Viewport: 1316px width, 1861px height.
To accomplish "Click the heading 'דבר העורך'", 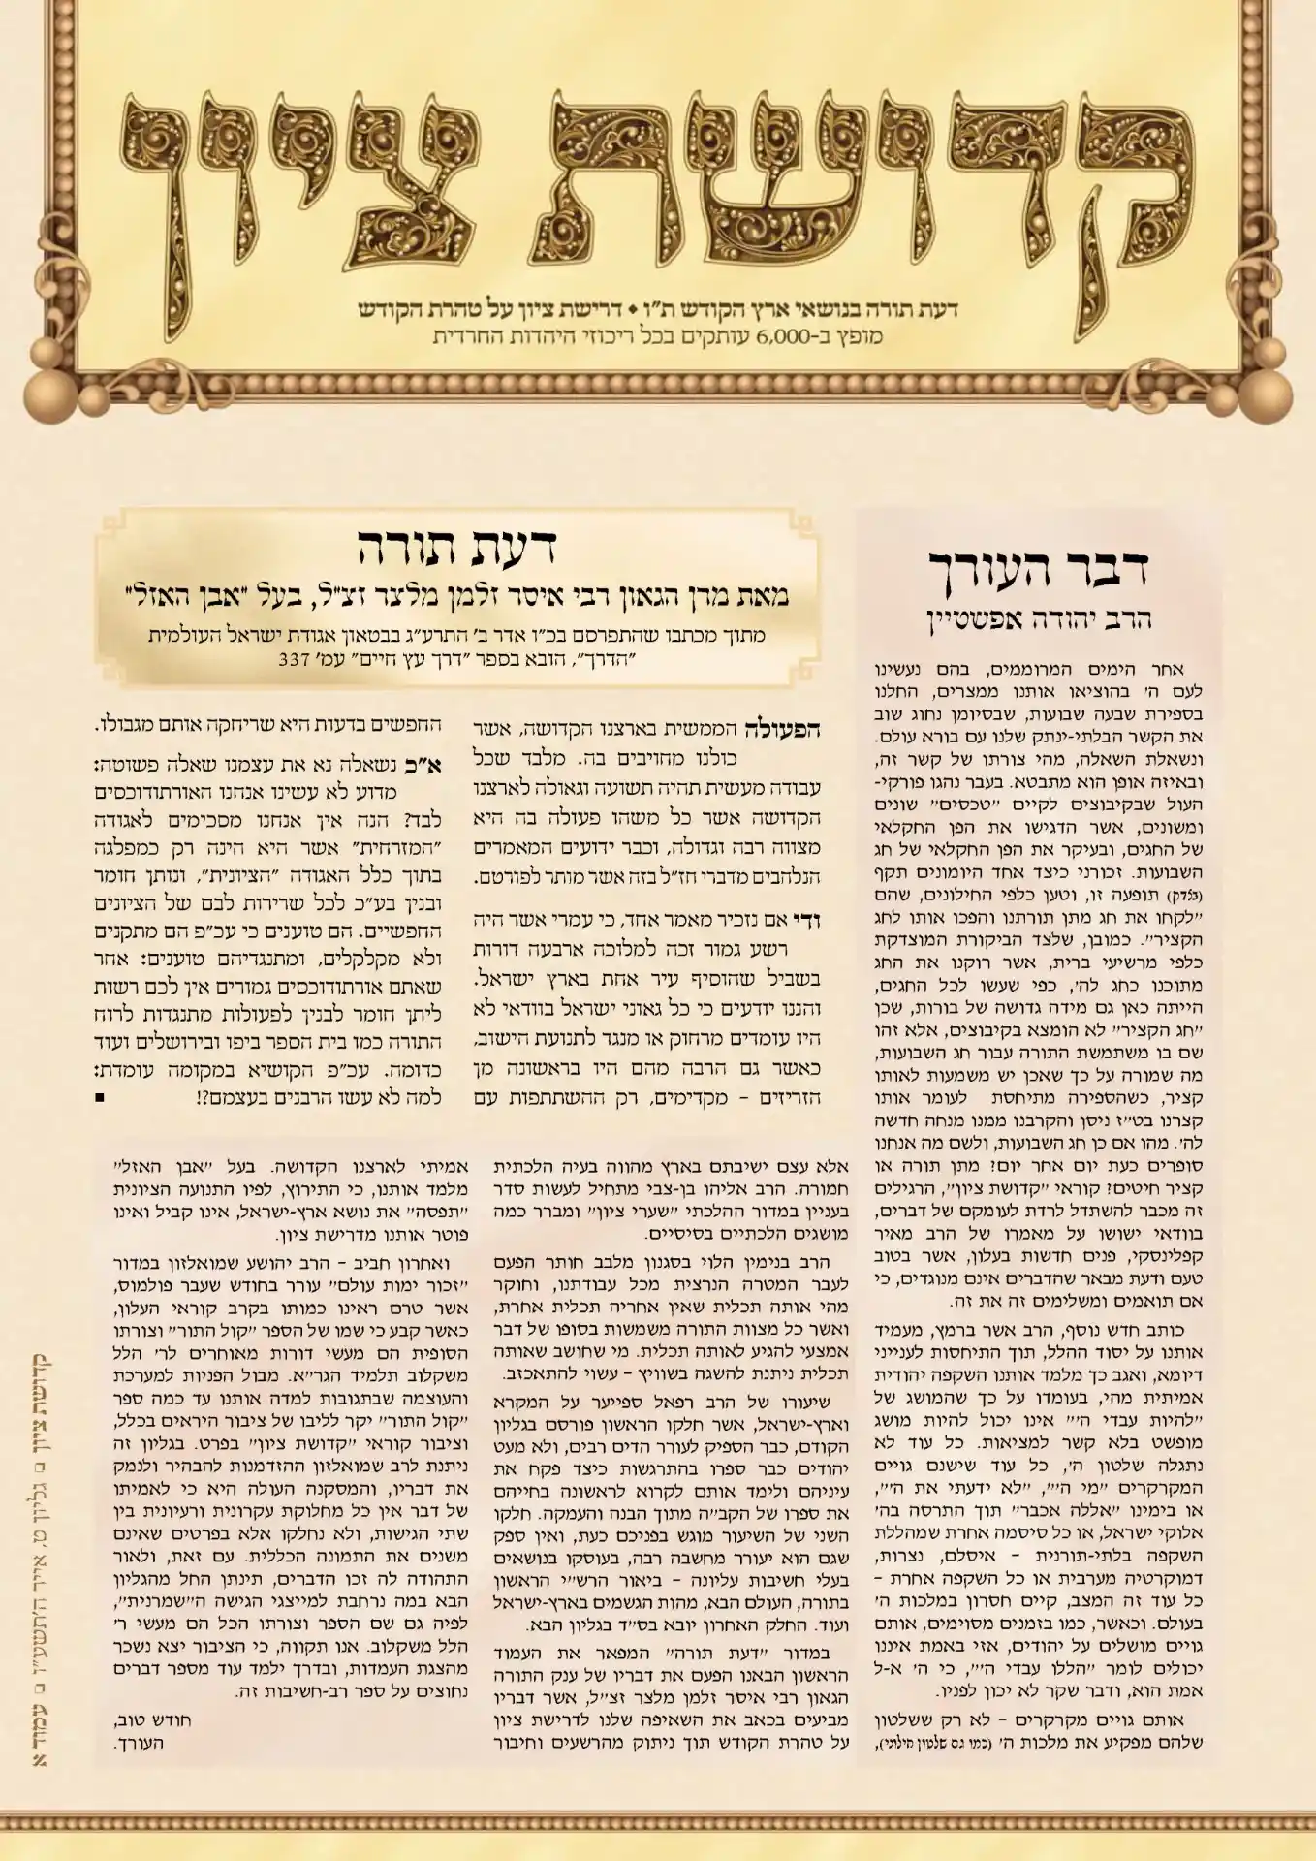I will (1038, 569).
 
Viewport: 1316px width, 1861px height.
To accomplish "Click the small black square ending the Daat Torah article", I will (101, 1098).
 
